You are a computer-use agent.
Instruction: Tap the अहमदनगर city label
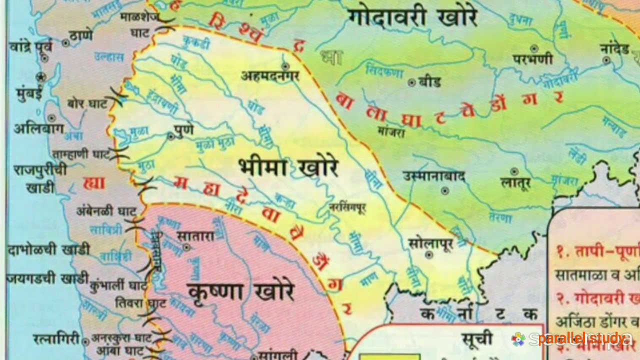pyautogui.click(x=270, y=75)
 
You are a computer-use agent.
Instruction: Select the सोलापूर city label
pyautogui.click(x=430, y=243)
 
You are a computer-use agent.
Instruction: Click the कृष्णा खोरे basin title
pyautogui.click(x=241, y=290)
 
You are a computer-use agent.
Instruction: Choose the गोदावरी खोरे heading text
pyautogui.click(x=412, y=17)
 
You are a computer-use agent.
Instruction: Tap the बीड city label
pyautogui.click(x=430, y=81)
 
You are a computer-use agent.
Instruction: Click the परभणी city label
pyautogui.click(x=533, y=59)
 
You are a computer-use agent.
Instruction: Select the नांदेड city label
pyautogui.click(x=614, y=49)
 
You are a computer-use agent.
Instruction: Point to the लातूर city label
pyautogui.click(x=515, y=183)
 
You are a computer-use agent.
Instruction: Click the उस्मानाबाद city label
pyautogui.click(x=434, y=176)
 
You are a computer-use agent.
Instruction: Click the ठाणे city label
pyautogui.click(x=81, y=36)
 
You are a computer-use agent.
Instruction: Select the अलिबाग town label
pyautogui.click(x=38, y=128)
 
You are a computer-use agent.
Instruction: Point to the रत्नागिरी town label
pyautogui.click(x=56, y=339)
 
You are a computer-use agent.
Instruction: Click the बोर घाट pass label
pyautogui.click(x=87, y=103)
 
